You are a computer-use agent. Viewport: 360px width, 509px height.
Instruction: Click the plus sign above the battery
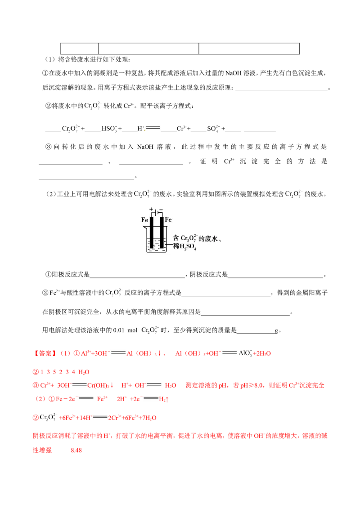tap(151, 209)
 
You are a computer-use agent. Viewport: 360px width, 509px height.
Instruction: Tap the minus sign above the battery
tap(161, 209)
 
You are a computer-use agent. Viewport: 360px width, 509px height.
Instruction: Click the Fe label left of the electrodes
tap(145, 220)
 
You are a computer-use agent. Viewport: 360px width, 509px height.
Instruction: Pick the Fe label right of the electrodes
tap(168, 220)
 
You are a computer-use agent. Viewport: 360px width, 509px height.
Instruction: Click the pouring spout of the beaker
tap(144, 228)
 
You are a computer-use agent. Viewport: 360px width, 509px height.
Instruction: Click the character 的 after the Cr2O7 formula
tap(202, 237)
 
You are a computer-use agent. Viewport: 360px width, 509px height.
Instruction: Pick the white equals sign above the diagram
tap(153, 129)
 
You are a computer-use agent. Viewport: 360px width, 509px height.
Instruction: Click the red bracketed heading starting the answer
tap(45, 353)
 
